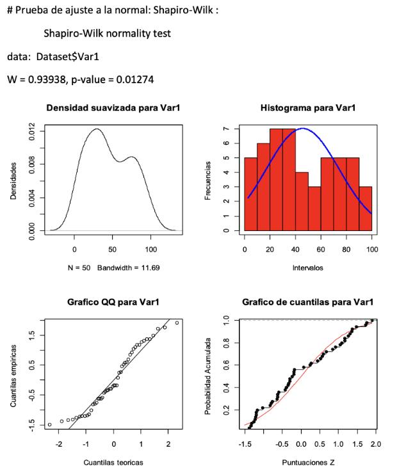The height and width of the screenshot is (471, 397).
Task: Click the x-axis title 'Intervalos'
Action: (x=307, y=267)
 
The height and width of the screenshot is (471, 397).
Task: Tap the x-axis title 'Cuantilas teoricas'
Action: (x=113, y=461)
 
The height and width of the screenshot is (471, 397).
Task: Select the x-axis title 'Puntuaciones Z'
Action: (x=307, y=461)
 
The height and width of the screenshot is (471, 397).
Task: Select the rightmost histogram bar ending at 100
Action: (x=364, y=208)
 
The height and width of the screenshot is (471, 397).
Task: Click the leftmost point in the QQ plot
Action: (x=49, y=424)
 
